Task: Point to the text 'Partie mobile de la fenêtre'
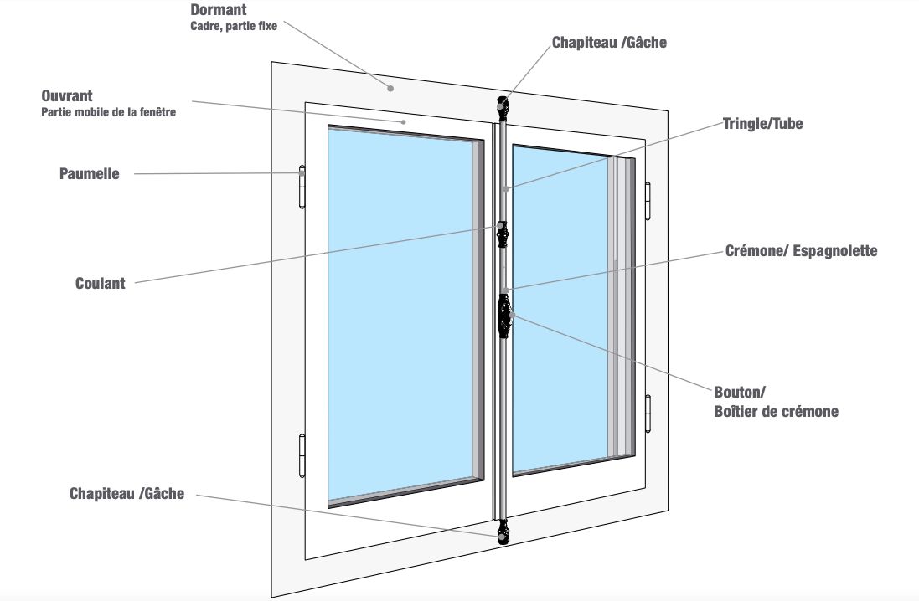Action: click(x=109, y=112)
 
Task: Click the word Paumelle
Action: click(x=89, y=174)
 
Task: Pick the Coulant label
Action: click(x=101, y=283)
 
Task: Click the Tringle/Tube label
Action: click(x=762, y=124)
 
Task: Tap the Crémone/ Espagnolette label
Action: click(x=801, y=250)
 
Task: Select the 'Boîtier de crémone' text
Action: click(x=776, y=411)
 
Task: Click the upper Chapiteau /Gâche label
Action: click(x=609, y=42)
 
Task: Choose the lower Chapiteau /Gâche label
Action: click(x=126, y=494)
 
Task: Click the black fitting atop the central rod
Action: click(x=503, y=106)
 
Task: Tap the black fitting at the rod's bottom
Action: click(x=503, y=532)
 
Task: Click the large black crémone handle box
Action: click(x=504, y=316)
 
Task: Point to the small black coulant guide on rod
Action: click(x=503, y=234)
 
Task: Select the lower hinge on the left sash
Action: click(x=302, y=455)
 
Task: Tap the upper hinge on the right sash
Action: click(x=648, y=202)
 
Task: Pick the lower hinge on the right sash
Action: click(x=648, y=414)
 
